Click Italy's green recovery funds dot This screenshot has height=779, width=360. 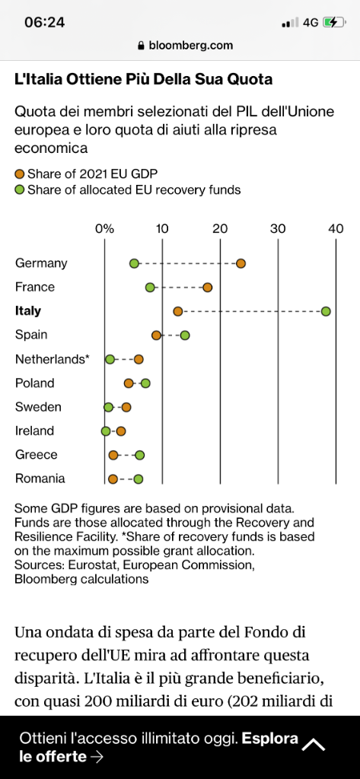(326, 311)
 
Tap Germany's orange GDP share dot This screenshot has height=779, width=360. (241, 263)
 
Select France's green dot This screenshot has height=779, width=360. (150, 287)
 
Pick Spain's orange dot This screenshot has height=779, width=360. (157, 335)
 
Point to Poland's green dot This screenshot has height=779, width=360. (145, 383)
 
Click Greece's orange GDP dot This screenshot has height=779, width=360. (113, 455)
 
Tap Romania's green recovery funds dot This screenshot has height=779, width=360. (139, 479)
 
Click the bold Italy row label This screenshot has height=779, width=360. (28, 311)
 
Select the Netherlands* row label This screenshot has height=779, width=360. (53, 359)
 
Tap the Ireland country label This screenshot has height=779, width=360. (35, 431)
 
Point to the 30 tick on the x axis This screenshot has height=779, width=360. (278, 228)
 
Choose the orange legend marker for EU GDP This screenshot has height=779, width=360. (20, 174)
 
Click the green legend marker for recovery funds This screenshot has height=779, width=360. (20, 189)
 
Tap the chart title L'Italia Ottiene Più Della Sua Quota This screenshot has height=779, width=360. (144, 79)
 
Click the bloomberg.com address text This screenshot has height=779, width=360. (191, 46)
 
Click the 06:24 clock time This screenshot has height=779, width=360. (45, 22)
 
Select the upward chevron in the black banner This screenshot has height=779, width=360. (314, 744)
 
